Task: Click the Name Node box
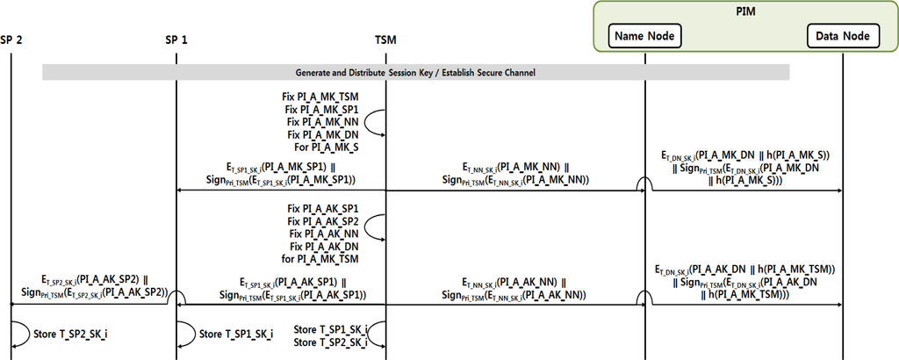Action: click(644, 36)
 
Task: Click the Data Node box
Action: click(844, 36)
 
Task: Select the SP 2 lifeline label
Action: click(12, 40)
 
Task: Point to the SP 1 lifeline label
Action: click(176, 40)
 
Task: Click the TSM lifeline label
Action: click(385, 40)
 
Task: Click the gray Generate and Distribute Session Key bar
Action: click(415, 72)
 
